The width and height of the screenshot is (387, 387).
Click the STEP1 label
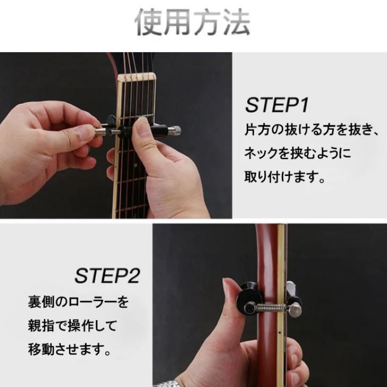tap(276, 105)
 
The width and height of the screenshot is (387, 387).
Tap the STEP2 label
tap(107, 276)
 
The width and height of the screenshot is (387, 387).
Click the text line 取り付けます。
tap(285, 176)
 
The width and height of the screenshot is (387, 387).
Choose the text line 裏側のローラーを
tap(78, 303)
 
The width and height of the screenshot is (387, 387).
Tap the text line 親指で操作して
tap(72, 326)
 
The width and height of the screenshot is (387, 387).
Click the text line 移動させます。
tap(70, 350)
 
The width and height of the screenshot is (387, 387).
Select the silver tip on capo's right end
tap(177, 130)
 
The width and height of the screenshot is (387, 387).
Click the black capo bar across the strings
tap(159, 129)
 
